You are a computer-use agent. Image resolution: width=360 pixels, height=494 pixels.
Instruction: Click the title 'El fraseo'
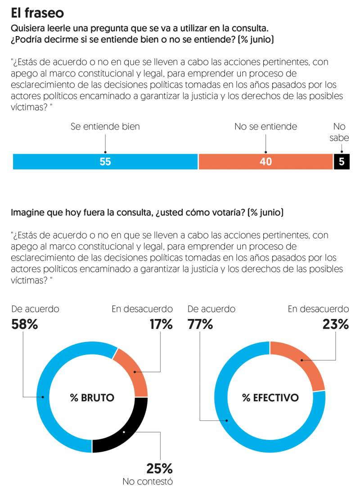37,13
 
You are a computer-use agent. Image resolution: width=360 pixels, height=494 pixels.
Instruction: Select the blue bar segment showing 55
105,162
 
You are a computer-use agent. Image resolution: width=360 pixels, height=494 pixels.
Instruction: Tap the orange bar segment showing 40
265,162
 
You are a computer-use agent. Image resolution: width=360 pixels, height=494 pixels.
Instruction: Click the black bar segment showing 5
342,162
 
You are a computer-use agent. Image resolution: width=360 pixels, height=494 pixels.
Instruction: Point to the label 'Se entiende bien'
105,126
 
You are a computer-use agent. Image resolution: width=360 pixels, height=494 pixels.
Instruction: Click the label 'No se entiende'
265,126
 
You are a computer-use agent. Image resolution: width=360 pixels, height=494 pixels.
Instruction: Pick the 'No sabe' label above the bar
339,132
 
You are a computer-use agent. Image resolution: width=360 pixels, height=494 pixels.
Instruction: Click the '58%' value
24,324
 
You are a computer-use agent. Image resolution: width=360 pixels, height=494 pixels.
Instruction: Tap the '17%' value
161,324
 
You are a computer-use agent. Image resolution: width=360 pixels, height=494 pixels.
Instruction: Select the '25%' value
159,468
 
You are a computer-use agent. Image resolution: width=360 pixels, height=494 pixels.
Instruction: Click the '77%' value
200,324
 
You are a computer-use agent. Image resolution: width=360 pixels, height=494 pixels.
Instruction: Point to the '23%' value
336,324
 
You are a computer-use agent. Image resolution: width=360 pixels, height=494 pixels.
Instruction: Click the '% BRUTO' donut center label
92,398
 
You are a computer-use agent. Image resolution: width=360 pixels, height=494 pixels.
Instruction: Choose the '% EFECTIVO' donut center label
270,398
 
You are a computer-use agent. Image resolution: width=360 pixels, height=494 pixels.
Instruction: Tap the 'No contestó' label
148,482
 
